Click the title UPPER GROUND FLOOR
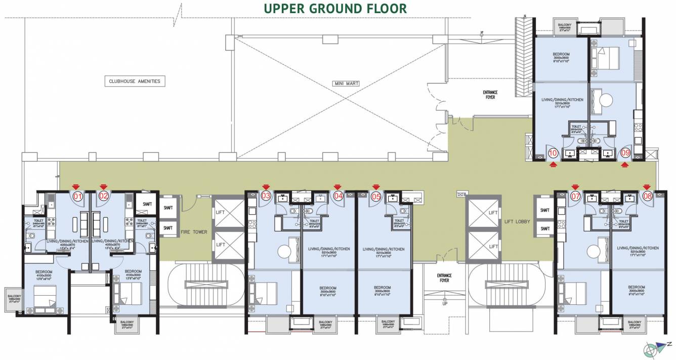tap(335, 9)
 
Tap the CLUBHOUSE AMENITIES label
tap(135, 81)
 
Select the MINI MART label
tap(346, 84)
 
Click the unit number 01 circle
tap(77, 196)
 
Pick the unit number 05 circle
tap(375, 196)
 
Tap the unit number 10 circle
tap(553, 152)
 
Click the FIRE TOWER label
tap(194, 232)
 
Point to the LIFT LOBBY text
tap(517, 222)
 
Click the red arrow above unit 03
tap(265, 187)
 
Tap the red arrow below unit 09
tap(625, 164)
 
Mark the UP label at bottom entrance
tap(445, 304)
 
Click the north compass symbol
tap(655, 349)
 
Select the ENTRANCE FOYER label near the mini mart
tap(490, 94)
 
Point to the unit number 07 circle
tap(575, 196)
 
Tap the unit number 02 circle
tap(103, 196)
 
